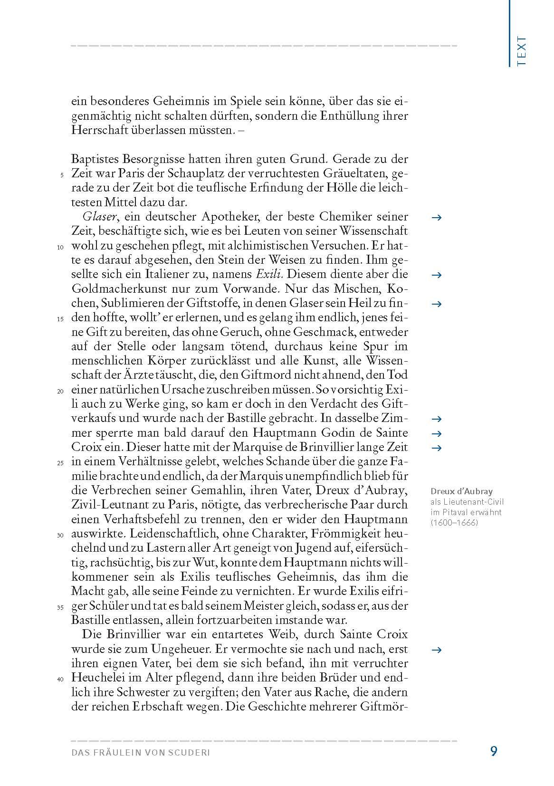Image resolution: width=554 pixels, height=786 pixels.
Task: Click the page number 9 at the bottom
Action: coord(494,751)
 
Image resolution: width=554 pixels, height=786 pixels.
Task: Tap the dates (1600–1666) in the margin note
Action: coord(454,523)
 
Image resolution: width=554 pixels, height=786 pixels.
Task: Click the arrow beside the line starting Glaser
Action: coord(437,218)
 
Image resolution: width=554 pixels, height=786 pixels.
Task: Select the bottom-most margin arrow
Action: coord(437,650)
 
